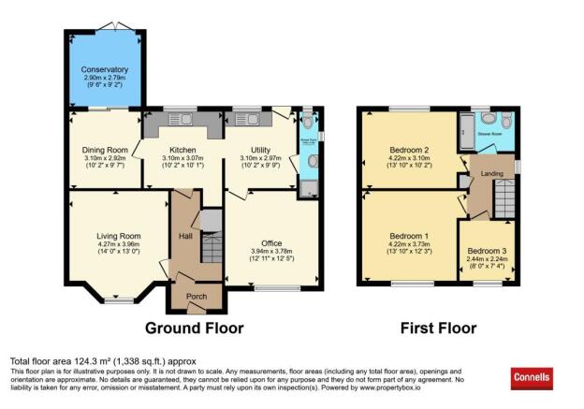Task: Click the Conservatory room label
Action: coord(104,70)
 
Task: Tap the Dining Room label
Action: coord(105,151)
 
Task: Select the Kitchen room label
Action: coord(182,151)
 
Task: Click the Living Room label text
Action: coord(118,236)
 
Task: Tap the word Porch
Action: coord(197,297)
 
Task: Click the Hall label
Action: coord(184,236)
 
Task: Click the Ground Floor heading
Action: coord(194,329)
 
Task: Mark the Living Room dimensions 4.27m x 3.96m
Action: coord(118,244)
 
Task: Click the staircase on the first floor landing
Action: coord(504,197)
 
